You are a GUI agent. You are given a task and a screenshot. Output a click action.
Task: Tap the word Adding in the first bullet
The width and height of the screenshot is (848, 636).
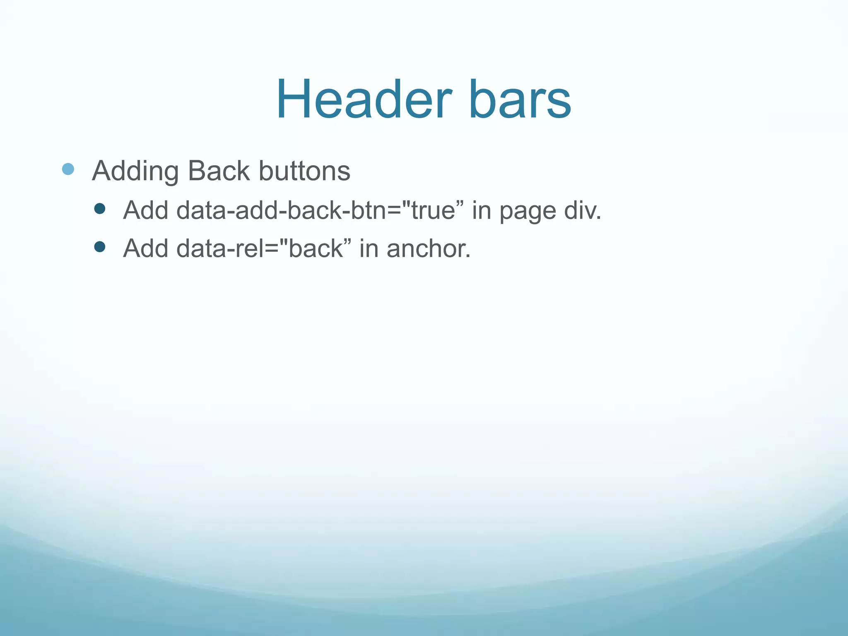click(135, 171)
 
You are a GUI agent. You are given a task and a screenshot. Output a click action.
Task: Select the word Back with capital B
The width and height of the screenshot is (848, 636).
click(219, 171)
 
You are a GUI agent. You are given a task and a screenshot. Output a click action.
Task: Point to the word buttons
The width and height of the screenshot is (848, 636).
click(304, 171)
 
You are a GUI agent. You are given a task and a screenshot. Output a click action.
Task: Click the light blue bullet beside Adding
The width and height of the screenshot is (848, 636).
click(68, 169)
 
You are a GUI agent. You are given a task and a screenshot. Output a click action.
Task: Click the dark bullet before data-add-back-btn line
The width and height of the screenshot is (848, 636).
click(99, 208)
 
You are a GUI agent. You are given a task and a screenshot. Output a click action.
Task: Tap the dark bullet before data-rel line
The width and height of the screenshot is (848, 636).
click(99, 247)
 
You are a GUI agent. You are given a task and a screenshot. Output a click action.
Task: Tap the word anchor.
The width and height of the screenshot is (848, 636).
click(429, 248)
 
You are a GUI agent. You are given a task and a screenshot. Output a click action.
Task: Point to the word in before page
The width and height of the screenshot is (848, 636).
click(481, 210)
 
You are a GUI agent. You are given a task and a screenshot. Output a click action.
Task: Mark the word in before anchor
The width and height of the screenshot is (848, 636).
click(369, 248)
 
